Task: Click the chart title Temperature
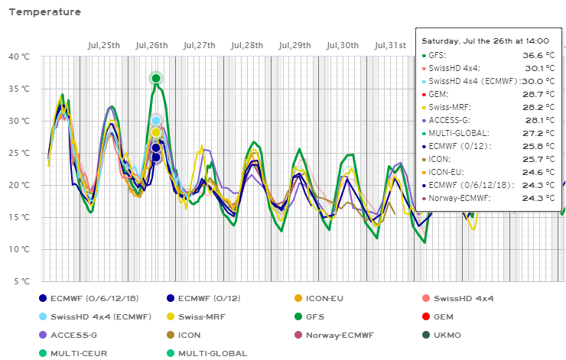click(x=45, y=12)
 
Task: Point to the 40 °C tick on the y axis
click(x=19, y=57)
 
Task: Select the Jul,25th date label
click(x=104, y=45)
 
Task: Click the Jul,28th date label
click(x=246, y=45)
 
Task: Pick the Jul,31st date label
click(x=390, y=45)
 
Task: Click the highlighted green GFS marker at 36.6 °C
click(x=156, y=78)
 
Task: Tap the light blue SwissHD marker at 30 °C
click(x=156, y=121)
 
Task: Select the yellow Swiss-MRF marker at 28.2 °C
click(x=156, y=132)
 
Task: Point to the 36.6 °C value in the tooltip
click(x=535, y=56)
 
